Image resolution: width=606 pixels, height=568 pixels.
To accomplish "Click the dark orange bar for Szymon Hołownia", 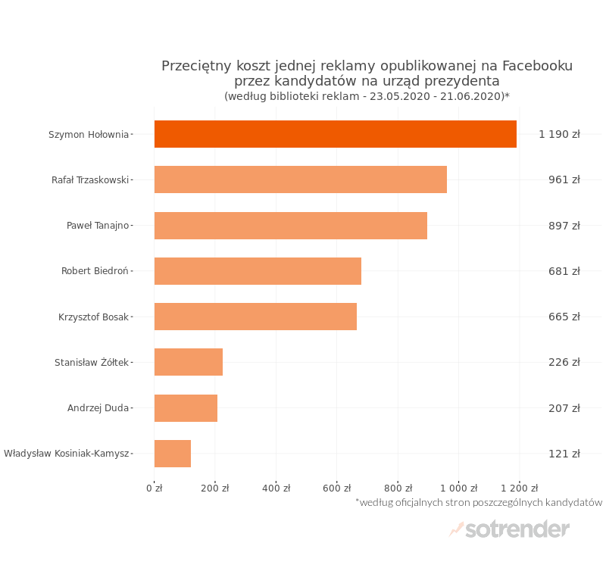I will pyautogui.click(x=335, y=134).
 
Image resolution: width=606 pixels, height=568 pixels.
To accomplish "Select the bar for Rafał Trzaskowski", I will pyautogui.click(x=300, y=179).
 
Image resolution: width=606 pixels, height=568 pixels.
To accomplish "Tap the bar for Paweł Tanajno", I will pyautogui.click(x=290, y=226).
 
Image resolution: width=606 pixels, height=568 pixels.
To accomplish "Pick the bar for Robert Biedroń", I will pyautogui.click(x=258, y=271).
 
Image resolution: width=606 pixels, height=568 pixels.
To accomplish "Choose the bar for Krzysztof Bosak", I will pyautogui.click(x=255, y=317).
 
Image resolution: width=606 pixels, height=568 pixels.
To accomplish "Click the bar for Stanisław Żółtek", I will pyautogui.click(x=189, y=362).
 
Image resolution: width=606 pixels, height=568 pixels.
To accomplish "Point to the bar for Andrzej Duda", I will pyautogui.click(x=186, y=408).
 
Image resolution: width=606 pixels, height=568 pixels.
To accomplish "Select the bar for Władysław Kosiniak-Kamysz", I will pyautogui.click(x=173, y=454).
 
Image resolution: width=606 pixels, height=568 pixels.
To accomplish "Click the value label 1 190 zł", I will pyautogui.click(x=559, y=134).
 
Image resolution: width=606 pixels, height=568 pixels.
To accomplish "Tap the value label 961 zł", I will pyautogui.click(x=564, y=179).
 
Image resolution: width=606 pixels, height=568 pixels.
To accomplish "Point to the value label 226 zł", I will pyautogui.click(x=564, y=362).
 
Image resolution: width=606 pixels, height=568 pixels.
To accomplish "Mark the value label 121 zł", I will pyautogui.click(x=564, y=454).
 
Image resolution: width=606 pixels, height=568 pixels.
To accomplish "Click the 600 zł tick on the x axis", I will pyautogui.click(x=337, y=488).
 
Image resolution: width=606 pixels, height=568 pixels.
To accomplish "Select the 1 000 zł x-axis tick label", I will pyautogui.click(x=458, y=488).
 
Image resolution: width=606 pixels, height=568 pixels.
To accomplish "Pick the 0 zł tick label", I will pyautogui.click(x=155, y=488).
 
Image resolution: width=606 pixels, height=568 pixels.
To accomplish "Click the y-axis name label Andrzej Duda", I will pyautogui.click(x=98, y=408).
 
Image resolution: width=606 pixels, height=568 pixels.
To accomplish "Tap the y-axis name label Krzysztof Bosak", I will pyautogui.click(x=93, y=317).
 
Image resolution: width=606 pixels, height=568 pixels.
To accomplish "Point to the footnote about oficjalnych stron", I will pyautogui.click(x=479, y=502).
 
